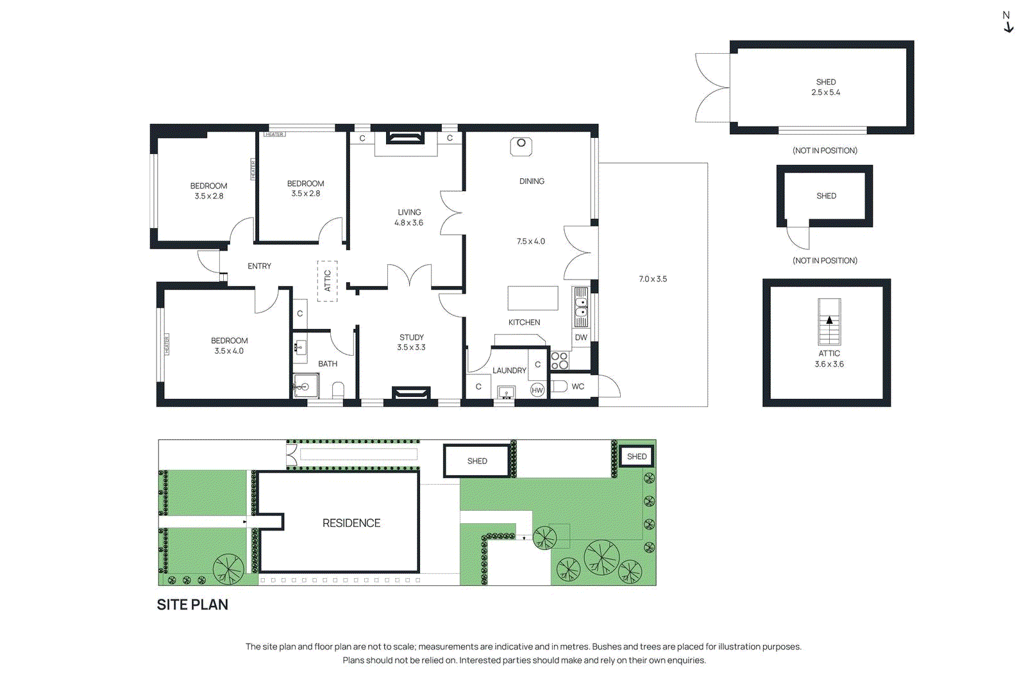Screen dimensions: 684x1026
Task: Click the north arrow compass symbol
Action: coord(1007,22)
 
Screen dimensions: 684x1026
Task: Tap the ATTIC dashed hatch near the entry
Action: coord(327,281)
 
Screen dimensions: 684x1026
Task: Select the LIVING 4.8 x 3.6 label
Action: coord(409,217)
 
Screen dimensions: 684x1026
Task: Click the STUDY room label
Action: coord(412,337)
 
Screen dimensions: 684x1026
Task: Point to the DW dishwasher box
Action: coord(581,338)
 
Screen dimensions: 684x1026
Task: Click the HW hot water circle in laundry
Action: coord(537,390)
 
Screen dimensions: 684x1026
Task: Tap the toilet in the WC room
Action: coord(559,386)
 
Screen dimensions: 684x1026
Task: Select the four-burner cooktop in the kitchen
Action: coord(559,360)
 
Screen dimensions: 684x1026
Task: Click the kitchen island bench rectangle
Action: coord(533,298)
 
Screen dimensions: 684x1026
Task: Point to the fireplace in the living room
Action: coord(405,138)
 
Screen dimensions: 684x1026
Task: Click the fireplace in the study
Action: coord(410,392)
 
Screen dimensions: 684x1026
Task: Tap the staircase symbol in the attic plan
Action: coord(829,322)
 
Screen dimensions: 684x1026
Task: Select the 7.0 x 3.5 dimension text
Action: coord(653,279)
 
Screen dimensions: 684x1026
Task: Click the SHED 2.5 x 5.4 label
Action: coord(826,87)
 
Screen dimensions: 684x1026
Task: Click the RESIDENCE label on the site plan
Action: coord(351,523)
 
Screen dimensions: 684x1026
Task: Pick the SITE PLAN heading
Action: coord(192,605)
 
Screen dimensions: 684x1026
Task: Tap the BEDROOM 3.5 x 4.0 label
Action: coord(229,346)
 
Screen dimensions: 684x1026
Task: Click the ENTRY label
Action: coord(259,266)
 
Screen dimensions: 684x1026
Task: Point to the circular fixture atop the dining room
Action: coord(521,144)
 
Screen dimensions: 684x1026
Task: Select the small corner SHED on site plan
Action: coord(637,456)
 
